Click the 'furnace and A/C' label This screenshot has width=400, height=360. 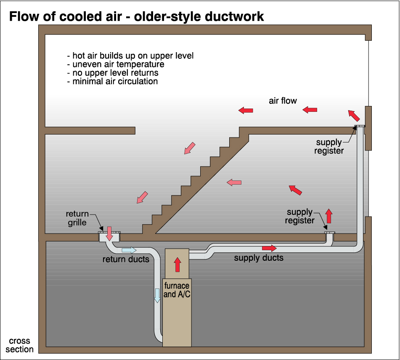coord(177,290)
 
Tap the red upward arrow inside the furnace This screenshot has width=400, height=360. coord(177,265)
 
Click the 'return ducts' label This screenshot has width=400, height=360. coord(126,259)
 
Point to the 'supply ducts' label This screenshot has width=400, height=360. coord(259,258)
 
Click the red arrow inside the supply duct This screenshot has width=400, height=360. coord(269,248)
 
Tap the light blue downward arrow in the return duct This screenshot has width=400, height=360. coord(157,295)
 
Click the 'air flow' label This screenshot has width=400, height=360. coord(283,101)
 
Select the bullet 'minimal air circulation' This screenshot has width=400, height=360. coord(112,81)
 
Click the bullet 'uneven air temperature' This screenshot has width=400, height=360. coord(116,64)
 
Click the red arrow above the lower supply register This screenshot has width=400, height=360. coord(329,215)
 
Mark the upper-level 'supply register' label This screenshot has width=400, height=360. coord(329,146)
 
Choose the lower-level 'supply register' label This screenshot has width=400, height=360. coord(299,216)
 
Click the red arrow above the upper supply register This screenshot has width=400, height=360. coord(354,115)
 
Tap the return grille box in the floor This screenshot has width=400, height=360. coord(109,237)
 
